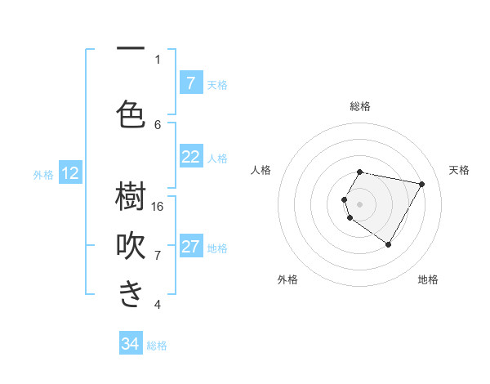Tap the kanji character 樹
pos(131,197)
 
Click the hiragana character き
pos(131,294)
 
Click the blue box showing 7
pos(190,83)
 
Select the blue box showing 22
pos(190,157)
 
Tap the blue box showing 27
pos(190,247)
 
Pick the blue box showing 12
pos(69,173)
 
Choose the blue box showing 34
pos(131,344)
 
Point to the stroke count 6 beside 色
pos(158,124)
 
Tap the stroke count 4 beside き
pos(158,305)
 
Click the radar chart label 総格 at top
pos(359,106)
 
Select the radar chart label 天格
pos(459,170)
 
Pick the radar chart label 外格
pos(287,280)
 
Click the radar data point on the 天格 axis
pos(421,184)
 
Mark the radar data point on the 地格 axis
pos(388,244)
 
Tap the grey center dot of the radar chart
pos(359,203)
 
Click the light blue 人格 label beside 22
pos(218,159)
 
